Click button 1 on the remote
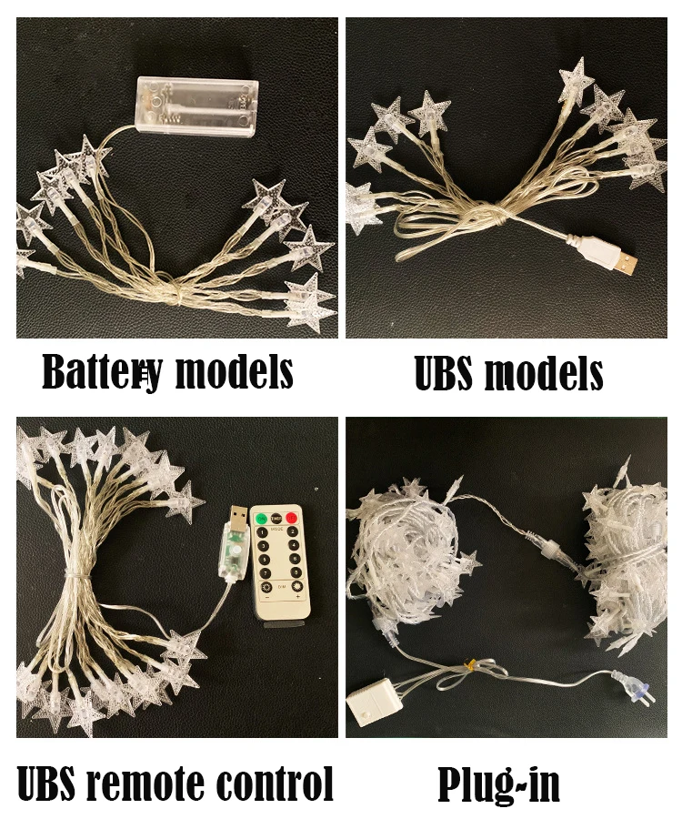pyautogui.click(x=262, y=533)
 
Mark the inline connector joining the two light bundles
pyautogui.click(x=550, y=551)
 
